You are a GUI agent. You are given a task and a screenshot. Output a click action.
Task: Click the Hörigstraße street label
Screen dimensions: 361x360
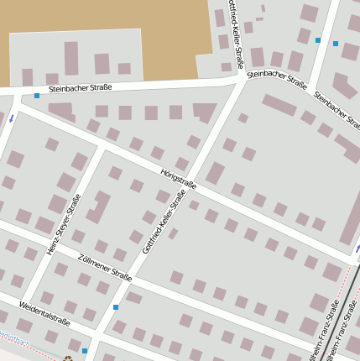(178, 177)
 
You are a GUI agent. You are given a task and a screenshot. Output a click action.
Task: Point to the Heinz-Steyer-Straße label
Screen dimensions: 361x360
(64, 224)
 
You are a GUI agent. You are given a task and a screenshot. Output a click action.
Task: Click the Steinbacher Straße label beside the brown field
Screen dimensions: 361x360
(80, 87)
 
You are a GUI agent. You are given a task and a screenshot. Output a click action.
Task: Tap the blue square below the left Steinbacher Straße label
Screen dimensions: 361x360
(37, 96)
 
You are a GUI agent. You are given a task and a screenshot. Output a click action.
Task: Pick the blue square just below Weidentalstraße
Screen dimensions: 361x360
(85, 351)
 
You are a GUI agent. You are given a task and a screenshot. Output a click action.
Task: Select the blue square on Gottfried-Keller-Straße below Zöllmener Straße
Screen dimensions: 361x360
(116, 307)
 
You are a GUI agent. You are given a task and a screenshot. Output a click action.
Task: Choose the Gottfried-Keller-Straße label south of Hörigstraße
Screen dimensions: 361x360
(164, 222)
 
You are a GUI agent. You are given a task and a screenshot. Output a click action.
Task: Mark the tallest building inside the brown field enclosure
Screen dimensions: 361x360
(71, 58)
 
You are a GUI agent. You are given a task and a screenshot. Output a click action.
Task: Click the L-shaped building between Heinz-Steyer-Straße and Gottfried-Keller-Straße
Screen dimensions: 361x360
(99, 206)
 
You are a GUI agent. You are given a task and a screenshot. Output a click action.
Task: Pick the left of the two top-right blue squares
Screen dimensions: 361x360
(318, 39)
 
